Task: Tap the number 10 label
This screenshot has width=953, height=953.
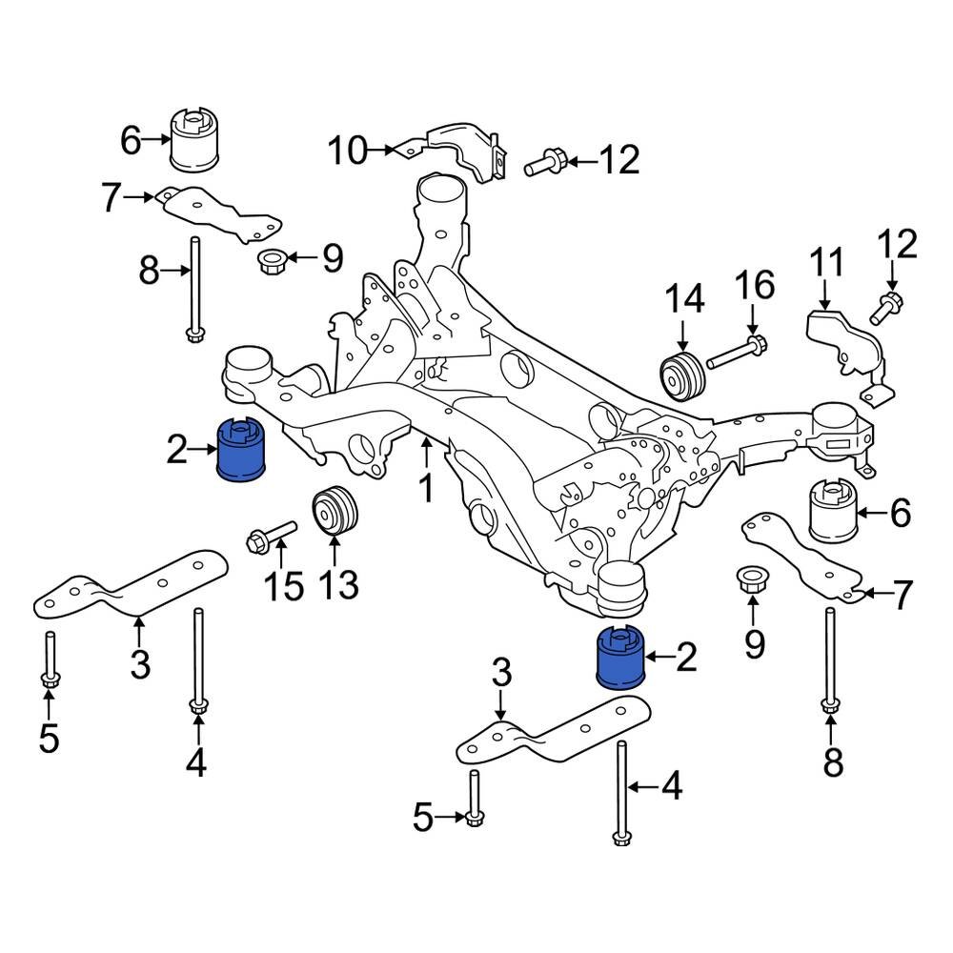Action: coord(347,150)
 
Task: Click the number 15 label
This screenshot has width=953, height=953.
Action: coord(282,586)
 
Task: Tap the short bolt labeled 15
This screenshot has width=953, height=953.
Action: coord(271,537)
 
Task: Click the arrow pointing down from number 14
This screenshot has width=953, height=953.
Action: coord(682,335)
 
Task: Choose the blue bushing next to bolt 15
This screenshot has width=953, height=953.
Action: coord(244,450)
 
